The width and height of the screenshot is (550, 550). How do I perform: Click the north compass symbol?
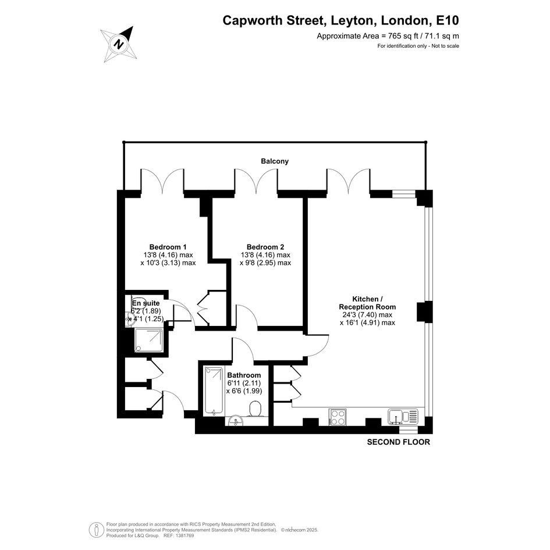click(119, 44)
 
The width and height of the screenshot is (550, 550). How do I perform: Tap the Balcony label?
click(275, 161)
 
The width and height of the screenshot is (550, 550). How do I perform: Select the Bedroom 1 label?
click(168, 247)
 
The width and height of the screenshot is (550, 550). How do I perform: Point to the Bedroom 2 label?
click(265, 247)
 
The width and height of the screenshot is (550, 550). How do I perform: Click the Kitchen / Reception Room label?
click(367, 303)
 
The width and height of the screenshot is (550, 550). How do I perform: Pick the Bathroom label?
click(244, 375)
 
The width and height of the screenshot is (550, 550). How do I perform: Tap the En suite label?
click(146, 303)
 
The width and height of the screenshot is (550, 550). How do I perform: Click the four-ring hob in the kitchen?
click(338, 417)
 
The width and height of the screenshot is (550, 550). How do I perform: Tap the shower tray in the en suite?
click(149, 340)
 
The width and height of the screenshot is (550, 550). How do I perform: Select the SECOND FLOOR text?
click(399, 442)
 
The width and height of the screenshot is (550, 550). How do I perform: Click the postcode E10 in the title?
click(447, 20)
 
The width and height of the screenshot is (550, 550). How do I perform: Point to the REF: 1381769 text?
click(179, 535)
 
